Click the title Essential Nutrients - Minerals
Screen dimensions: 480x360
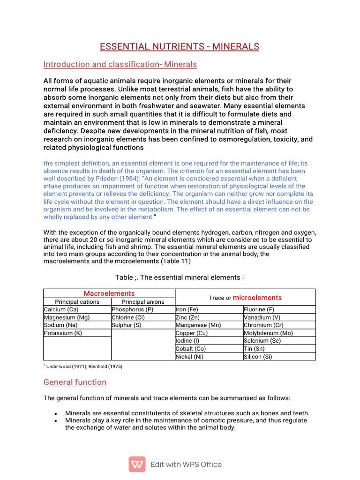[x=180, y=46]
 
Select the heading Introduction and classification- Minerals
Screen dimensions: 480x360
[x=120, y=64]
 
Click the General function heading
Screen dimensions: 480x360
[x=75, y=382]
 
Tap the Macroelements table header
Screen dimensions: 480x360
[x=109, y=293]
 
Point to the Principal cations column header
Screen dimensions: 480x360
[x=77, y=302]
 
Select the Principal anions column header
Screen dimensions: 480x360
[x=143, y=302]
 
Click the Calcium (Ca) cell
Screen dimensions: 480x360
[x=61, y=310]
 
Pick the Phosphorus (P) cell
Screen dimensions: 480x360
[x=133, y=310]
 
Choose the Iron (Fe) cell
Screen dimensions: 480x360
[x=187, y=310]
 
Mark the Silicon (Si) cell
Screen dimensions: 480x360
[x=258, y=356]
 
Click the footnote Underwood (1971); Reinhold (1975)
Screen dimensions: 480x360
[x=84, y=366]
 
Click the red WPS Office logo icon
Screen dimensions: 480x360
[x=137, y=465]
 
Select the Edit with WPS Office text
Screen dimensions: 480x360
[x=186, y=465]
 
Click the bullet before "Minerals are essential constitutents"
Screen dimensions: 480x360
[x=56, y=414]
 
